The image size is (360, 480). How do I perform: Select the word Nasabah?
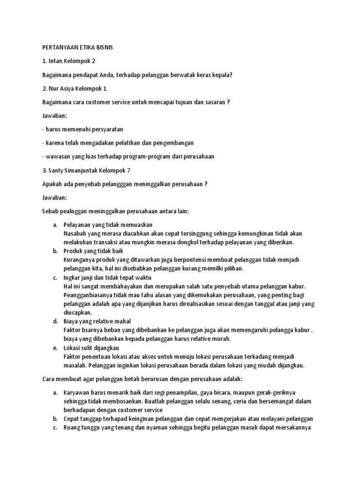point(75,233)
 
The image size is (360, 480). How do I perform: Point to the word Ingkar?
point(71,277)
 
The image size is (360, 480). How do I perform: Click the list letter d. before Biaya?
point(54,321)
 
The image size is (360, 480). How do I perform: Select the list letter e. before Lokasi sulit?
point(54,348)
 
